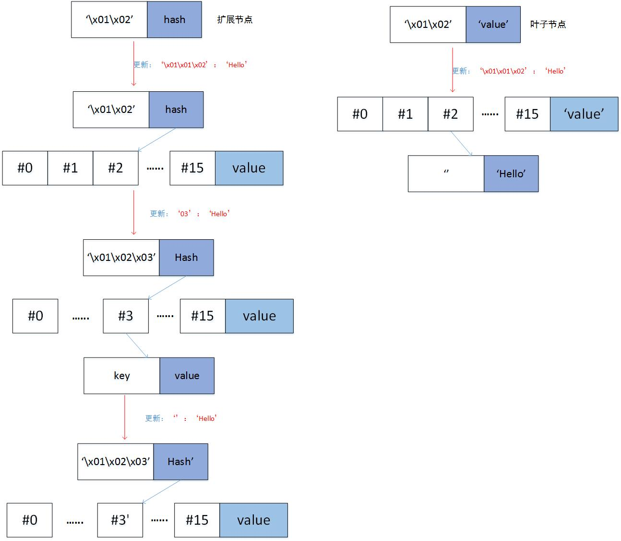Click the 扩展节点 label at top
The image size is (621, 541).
click(235, 20)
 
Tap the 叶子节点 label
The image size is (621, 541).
click(548, 25)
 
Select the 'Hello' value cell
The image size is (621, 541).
click(511, 173)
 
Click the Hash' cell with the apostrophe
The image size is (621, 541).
click(180, 462)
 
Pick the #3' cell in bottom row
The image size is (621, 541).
click(120, 520)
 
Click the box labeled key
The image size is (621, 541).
click(122, 376)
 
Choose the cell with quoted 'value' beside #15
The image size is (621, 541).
click(584, 114)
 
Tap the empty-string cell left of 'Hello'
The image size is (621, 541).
click(446, 173)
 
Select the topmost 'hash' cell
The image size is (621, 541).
click(174, 20)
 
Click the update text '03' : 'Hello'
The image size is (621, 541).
click(190, 214)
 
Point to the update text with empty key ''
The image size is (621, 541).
click(181, 418)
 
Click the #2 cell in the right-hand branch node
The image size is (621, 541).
click(450, 114)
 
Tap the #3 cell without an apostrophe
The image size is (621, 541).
click(126, 316)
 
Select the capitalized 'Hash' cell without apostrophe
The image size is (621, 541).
click(186, 258)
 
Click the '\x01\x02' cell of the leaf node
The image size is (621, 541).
click(428, 25)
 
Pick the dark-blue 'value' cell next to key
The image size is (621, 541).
click(187, 376)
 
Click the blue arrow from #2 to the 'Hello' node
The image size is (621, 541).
click(461, 143)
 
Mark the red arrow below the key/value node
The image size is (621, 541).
click(125, 417)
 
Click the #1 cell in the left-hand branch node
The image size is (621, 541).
click(70, 168)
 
